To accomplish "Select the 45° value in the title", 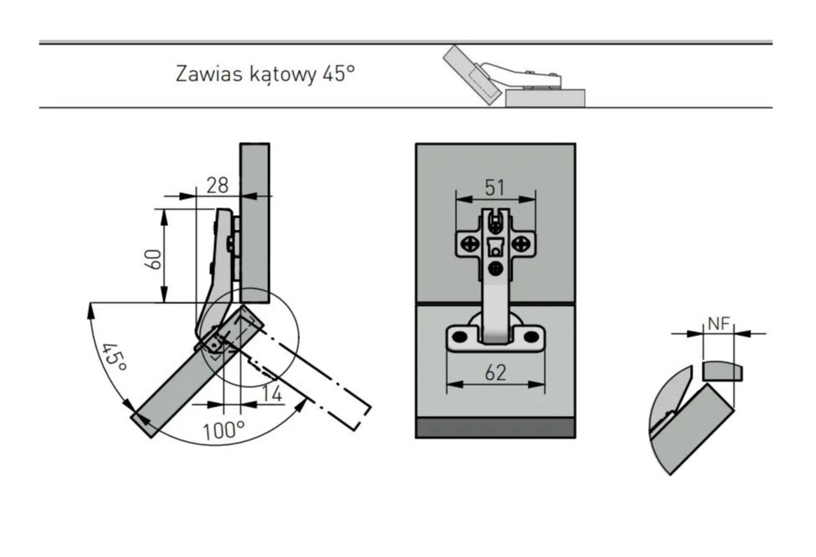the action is click(339, 73).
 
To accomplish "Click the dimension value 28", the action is click(218, 185).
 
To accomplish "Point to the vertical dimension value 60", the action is click(152, 259).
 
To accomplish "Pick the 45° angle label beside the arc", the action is click(114, 357).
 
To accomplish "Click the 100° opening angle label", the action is click(224, 431).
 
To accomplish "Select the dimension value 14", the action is click(271, 394).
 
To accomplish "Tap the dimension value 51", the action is click(495, 187).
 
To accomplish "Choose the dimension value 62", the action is click(496, 372).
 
